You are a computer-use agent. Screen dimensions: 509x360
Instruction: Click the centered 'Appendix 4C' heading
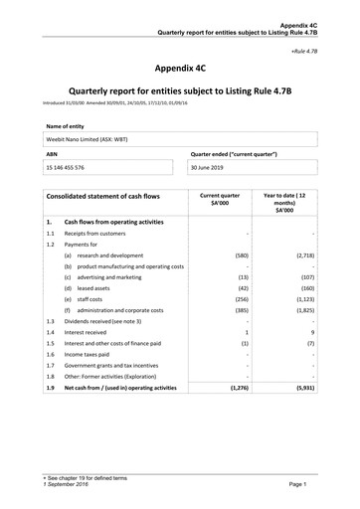(x=179, y=70)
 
